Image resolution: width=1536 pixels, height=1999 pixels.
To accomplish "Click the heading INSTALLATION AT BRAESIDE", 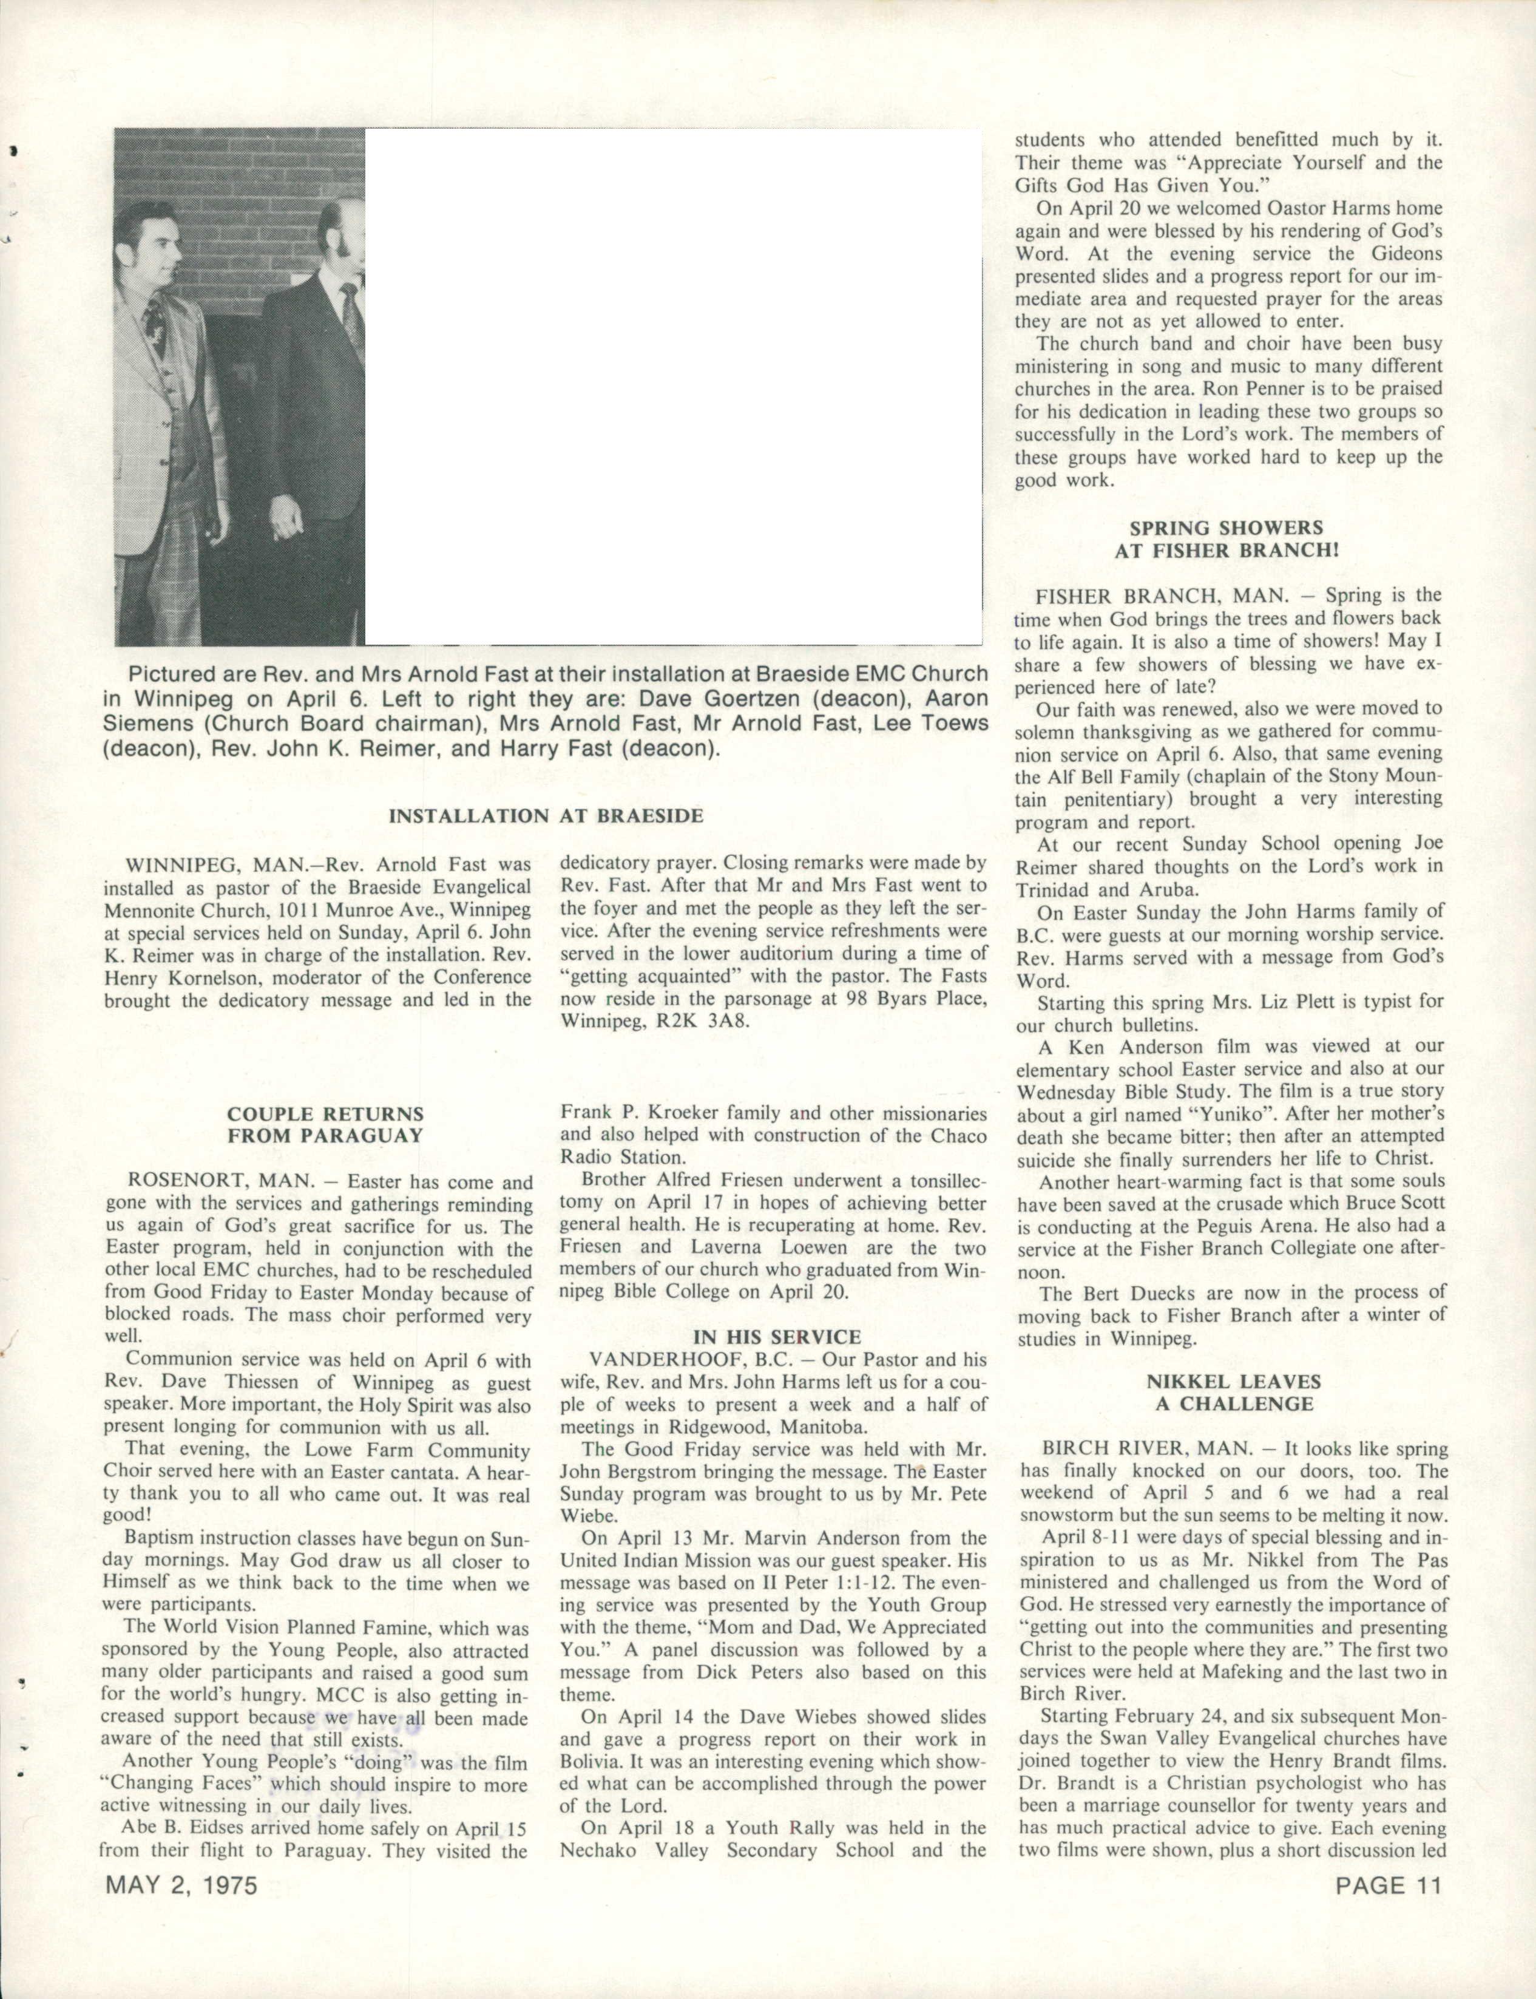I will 546,816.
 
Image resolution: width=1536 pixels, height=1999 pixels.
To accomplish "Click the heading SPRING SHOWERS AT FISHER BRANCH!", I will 1226,538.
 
